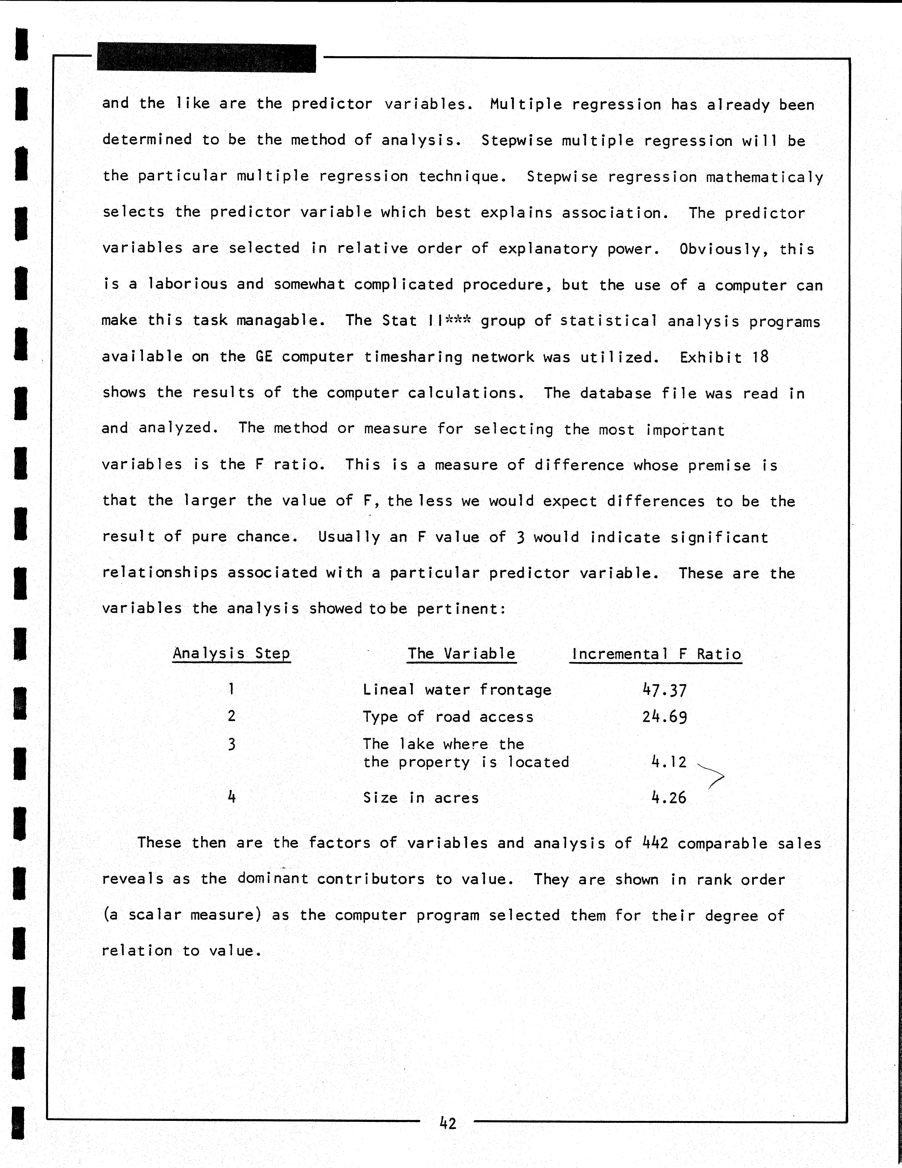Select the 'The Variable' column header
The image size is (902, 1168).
point(461,653)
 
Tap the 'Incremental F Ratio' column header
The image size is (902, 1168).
point(656,654)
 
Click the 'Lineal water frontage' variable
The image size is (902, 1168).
point(457,690)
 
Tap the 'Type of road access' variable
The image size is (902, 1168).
point(448,717)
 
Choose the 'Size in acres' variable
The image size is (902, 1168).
point(421,798)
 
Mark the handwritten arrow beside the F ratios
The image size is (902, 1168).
point(712,775)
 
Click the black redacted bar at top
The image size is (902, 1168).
point(206,58)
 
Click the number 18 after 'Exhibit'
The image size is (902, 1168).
point(760,357)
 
